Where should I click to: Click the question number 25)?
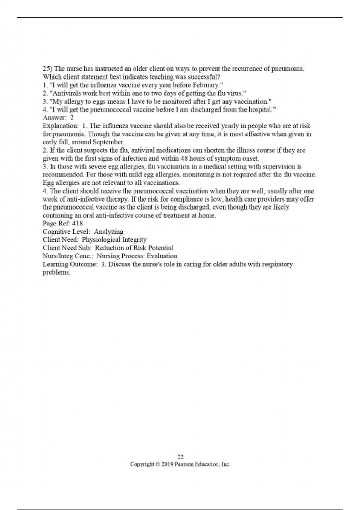47,69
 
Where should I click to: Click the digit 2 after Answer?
72,118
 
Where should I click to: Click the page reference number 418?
77,223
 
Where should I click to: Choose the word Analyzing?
109,232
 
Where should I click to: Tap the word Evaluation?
162,256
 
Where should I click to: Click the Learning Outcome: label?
70,264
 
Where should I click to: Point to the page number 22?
180,457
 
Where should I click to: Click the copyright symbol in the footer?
158,464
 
